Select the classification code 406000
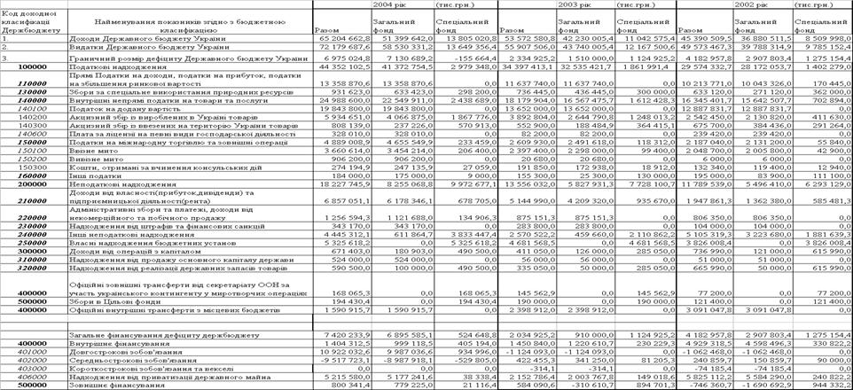coord(30,378)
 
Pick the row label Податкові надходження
coord(110,66)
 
